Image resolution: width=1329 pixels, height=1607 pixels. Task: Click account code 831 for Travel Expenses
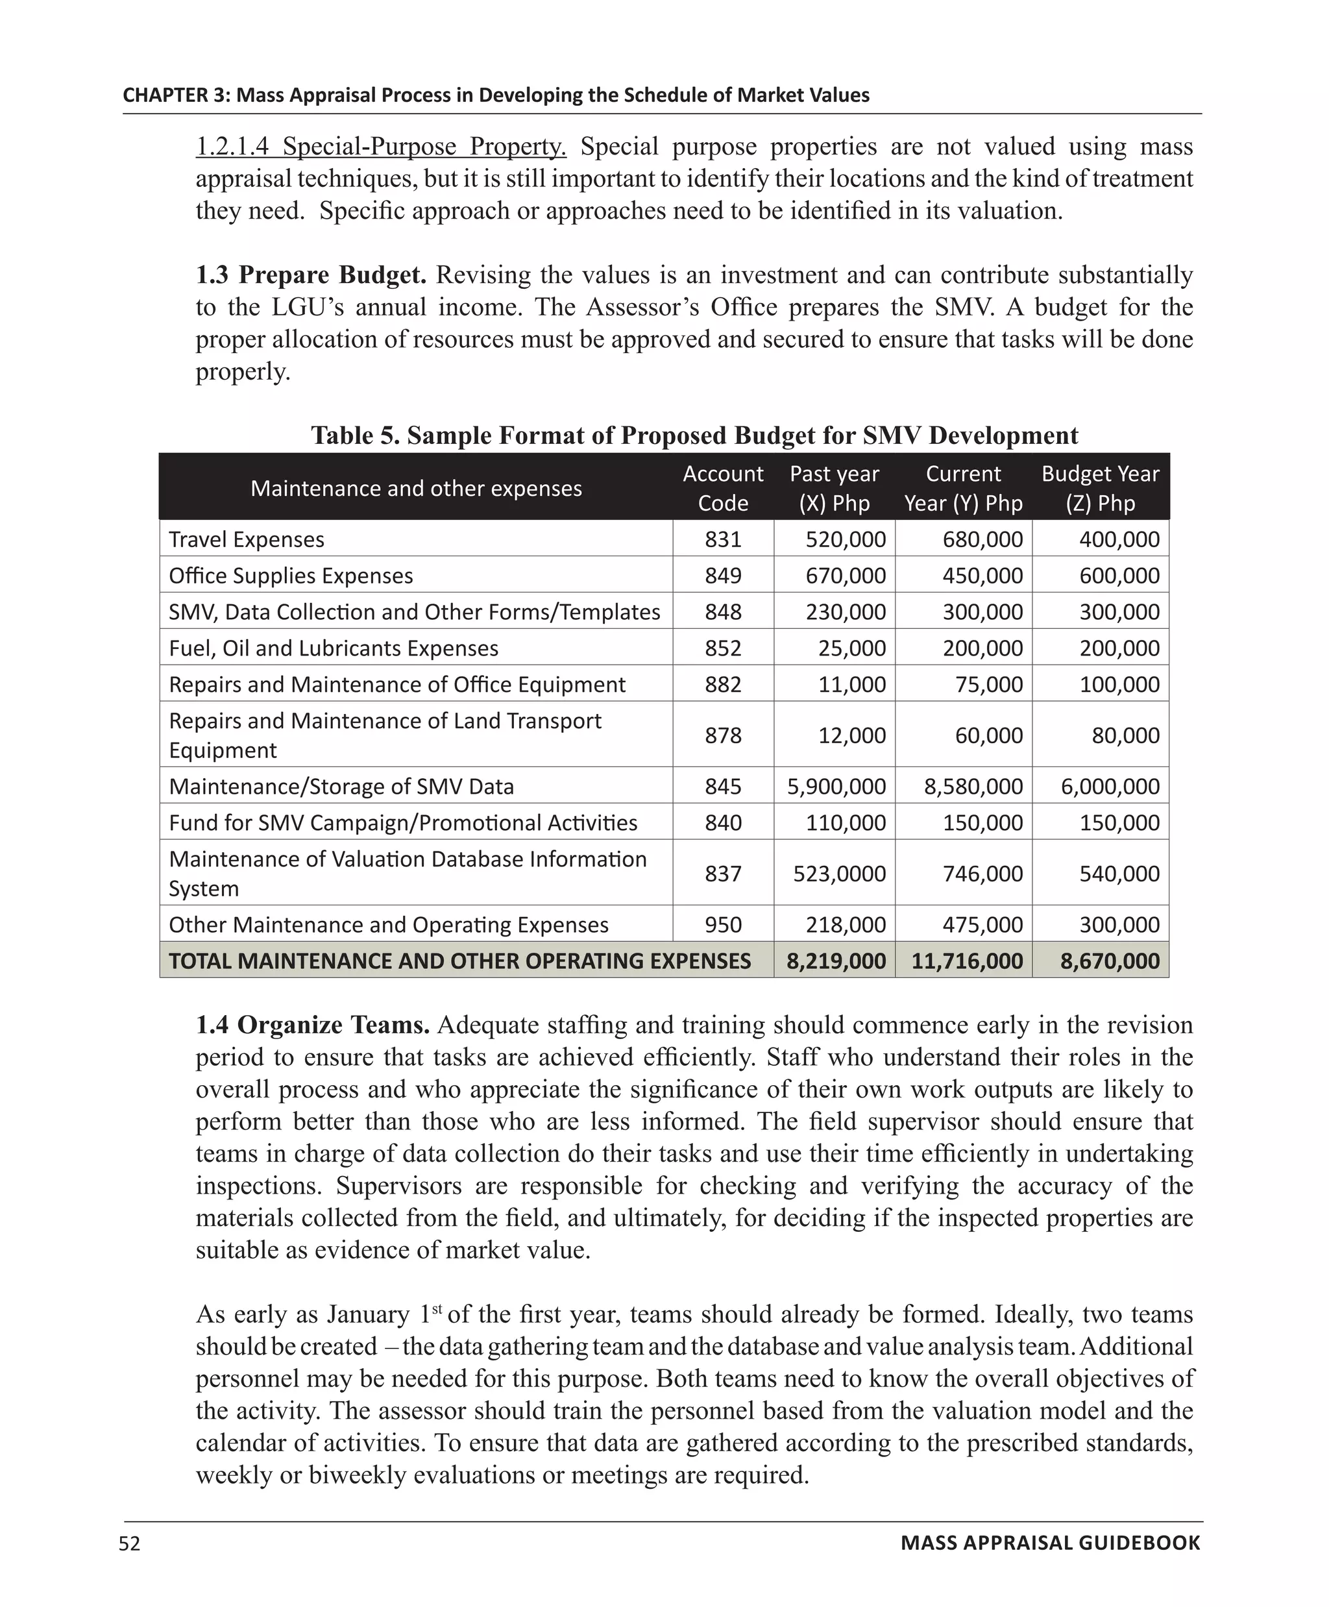tap(722, 539)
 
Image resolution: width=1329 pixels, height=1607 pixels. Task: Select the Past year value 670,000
tap(845, 576)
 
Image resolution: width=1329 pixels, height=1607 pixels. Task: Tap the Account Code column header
tap(722, 488)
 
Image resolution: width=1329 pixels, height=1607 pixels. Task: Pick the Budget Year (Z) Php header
tap(1099, 488)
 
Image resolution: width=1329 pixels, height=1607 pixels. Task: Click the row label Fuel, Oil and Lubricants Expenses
tap(333, 648)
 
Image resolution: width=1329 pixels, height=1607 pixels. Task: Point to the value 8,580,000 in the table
tap(973, 786)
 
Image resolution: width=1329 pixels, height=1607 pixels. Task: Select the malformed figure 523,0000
tap(838, 873)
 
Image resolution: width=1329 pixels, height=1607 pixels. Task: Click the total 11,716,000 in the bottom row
tap(966, 961)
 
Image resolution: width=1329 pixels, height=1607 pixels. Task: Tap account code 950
tap(722, 924)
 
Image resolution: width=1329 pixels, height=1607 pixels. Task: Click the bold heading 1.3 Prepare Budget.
tap(311, 275)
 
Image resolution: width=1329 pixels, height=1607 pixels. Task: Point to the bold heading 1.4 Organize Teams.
tap(312, 1025)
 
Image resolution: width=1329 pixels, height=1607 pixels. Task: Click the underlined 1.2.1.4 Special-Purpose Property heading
tap(380, 146)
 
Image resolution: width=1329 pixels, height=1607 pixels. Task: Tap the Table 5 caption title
tap(694, 435)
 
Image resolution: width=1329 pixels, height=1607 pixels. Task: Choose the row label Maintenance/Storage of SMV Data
tap(341, 786)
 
